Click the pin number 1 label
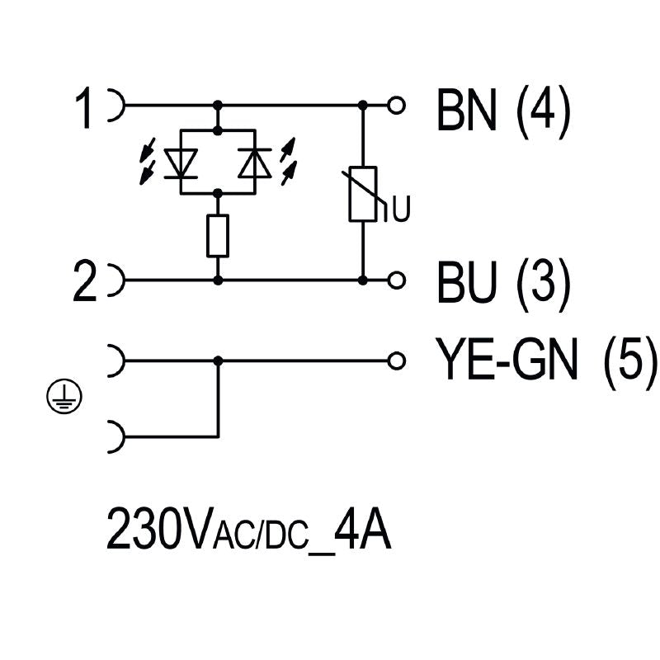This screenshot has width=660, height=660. (x=85, y=109)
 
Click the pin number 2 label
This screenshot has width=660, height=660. (x=85, y=282)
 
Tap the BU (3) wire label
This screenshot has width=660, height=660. (x=502, y=283)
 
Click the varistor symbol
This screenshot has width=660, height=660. (x=363, y=194)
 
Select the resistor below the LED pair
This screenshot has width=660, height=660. (x=218, y=235)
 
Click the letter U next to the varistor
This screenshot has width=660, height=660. (x=400, y=212)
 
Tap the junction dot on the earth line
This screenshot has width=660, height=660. (x=218, y=361)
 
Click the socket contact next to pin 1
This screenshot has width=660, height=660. (x=115, y=106)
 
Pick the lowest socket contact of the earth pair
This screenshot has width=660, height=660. (x=115, y=436)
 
